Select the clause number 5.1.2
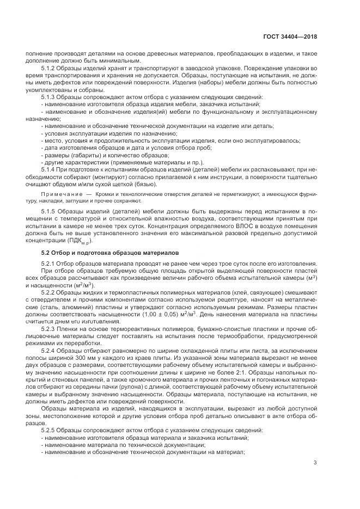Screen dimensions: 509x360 pos(49,68)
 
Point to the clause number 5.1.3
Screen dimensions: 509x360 pos(49,96)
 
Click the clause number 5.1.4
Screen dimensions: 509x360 pos(49,168)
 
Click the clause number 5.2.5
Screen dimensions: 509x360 pos(49,430)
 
